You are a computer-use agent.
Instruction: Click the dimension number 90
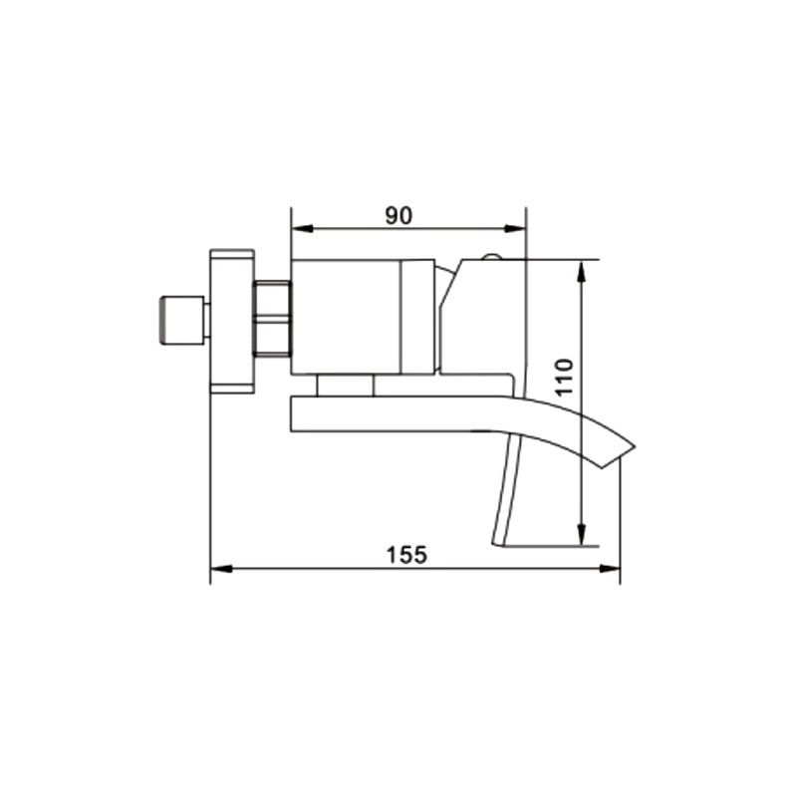click(x=399, y=215)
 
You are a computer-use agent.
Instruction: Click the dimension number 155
click(x=407, y=555)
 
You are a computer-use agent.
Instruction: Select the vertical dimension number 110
click(x=564, y=377)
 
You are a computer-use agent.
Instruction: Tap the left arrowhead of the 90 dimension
click(x=302, y=229)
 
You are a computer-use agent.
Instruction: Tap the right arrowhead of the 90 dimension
click(x=514, y=229)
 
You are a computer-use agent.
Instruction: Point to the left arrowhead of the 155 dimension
click(x=221, y=569)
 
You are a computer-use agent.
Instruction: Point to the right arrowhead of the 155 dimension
click(x=609, y=569)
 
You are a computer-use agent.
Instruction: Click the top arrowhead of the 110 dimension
click(x=583, y=271)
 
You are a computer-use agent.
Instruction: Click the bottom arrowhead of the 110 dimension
click(x=583, y=535)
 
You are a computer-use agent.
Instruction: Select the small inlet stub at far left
click(x=182, y=321)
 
